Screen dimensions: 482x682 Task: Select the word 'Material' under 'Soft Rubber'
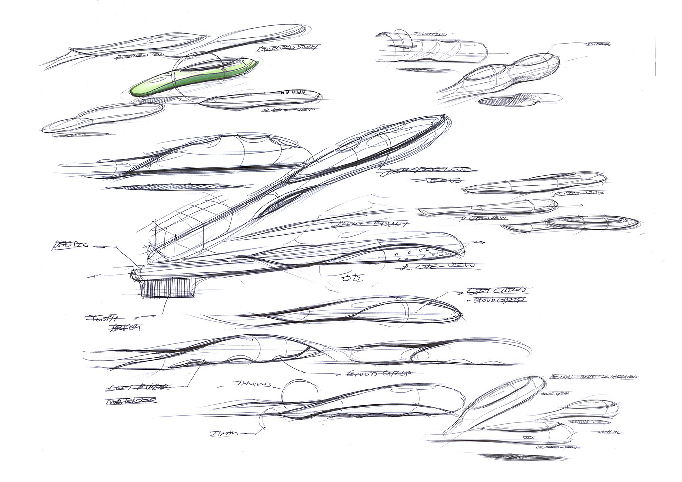click(131, 401)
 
